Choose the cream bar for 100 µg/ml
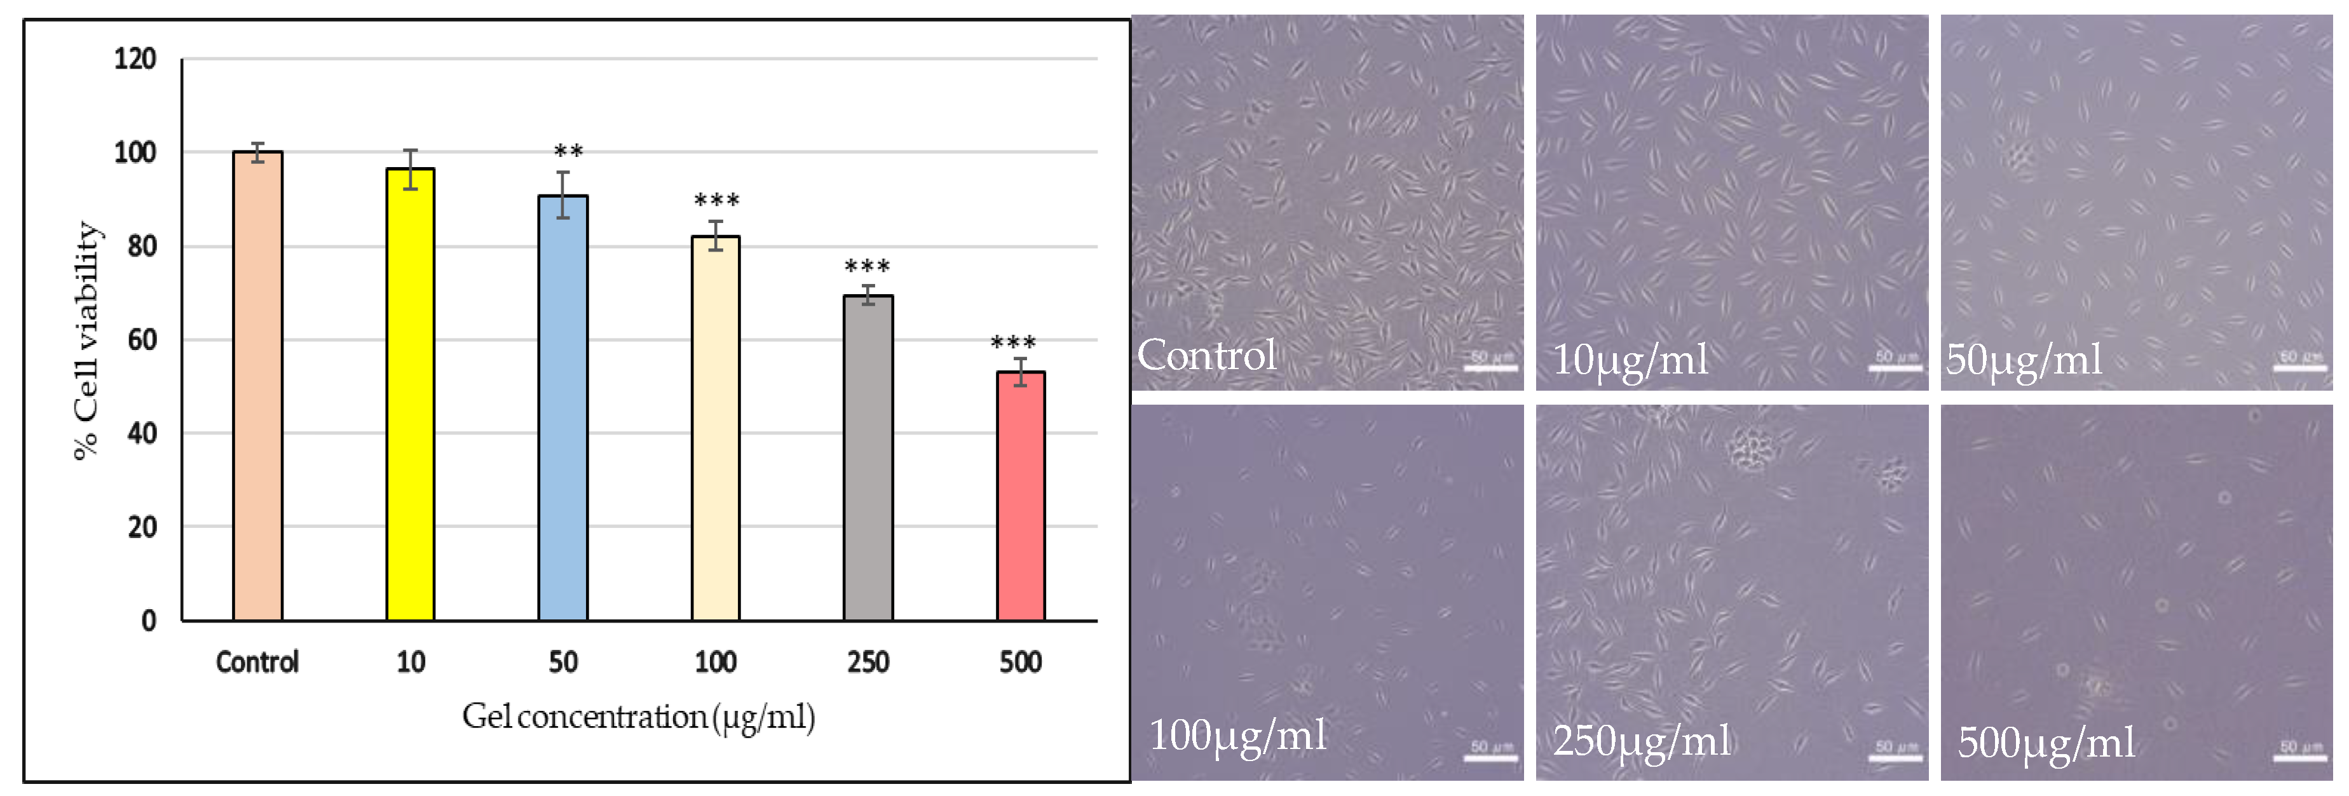[x=715, y=429]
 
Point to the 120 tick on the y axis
[x=135, y=59]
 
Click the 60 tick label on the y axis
[x=141, y=340]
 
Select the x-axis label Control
[x=257, y=661]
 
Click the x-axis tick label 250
[x=867, y=661]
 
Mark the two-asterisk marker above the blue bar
[x=568, y=151]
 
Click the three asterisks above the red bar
[x=1012, y=343]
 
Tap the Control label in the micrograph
[x=1206, y=354]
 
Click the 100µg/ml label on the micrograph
[x=1237, y=735]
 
